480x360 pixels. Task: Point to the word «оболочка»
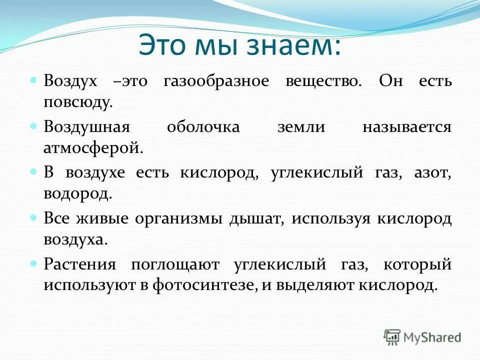click(x=203, y=127)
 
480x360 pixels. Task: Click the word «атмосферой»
click(x=93, y=148)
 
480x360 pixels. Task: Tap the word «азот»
click(x=432, y=173)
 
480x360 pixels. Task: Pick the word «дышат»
click(x=256, y=218)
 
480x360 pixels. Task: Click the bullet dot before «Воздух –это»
click(x=34, y=80)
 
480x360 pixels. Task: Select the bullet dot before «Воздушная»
click(x=34, y=125)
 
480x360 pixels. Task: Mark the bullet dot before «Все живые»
click(x=34, y=217)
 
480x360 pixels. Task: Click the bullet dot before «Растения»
click(x=34, y=263)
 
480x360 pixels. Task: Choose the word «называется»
click(x=407, y=127)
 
